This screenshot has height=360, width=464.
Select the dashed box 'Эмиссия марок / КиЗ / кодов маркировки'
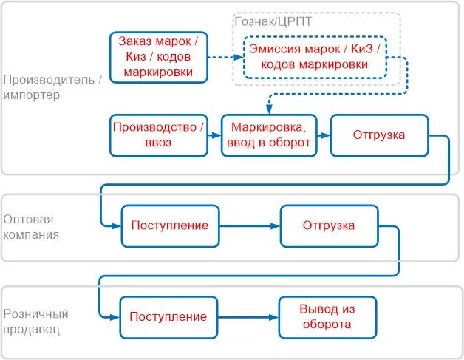(316, 56)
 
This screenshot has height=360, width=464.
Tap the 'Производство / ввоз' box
(159, 135)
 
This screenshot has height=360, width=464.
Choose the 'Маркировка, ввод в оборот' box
(269, 135)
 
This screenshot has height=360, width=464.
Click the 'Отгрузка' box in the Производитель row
(379, 135)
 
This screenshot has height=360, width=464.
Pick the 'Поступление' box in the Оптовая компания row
(169, 225)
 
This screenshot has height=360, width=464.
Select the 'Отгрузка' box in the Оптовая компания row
(328, 225)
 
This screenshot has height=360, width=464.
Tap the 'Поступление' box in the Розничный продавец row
(168, 317)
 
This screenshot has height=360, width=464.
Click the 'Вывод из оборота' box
(327, 317)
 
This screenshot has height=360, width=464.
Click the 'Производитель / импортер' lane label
(51, 87)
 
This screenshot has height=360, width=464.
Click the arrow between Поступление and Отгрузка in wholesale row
(250, 225)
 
